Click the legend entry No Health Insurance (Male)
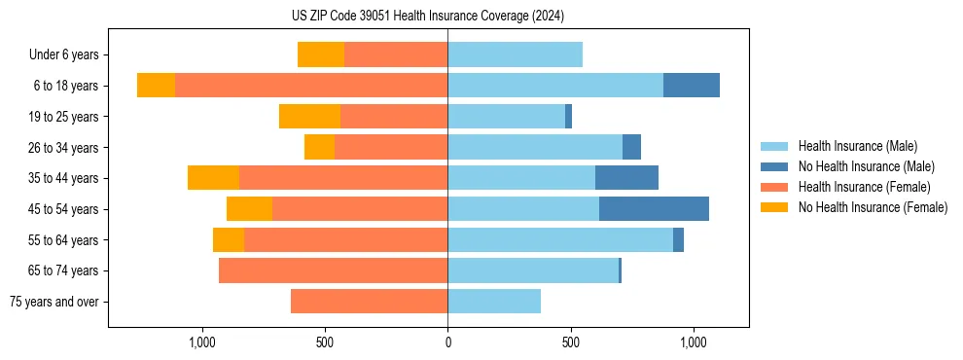tap(866, 166)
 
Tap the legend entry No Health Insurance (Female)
tap(873, 207)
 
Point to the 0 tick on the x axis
tap(447, 342)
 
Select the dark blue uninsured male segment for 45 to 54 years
tap(654, 209)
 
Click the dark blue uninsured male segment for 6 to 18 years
tap(692, 86)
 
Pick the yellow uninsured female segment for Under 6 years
tap(321, 55)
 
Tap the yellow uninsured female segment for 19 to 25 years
tap(309, 117)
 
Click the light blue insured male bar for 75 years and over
tap(494, 302)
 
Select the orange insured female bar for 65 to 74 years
tap(334, 270)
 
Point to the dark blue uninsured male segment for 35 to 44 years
tap(626, 178)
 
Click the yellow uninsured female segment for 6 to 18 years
tap(156, 86)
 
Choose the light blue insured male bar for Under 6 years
tap(515, 55)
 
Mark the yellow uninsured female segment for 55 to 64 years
tap(229, 240)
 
